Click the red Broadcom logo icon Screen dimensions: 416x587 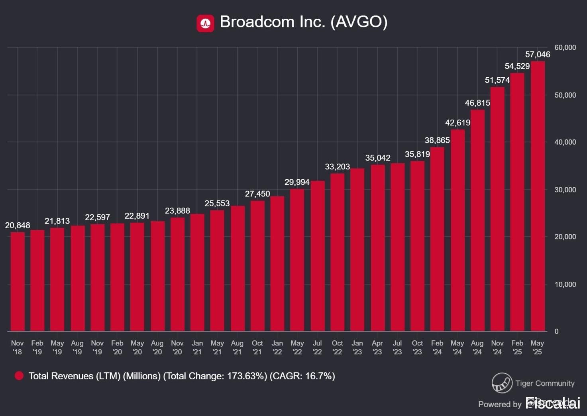pyautogui.click(x=205, y=23)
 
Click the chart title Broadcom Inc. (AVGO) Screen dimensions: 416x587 pyautogui.click(x=303, y=22)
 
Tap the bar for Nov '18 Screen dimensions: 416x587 pyautogui.click(x=18, y=281)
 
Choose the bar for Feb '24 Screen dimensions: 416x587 pyautogui.click(x=437, y=239)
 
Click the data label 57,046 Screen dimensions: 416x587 pyautogui.click(x=538, y=55)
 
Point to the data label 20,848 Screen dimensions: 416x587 pyautogui.click(x=18, y=226)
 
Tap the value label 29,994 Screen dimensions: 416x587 pyautogui.click(x=297, y=182)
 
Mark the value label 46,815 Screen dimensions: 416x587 pyautogui.click(x=477, y=103)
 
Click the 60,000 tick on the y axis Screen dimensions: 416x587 pyautogui.click(x=565, y=47)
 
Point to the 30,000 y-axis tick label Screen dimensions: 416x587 pyautogui.click(x=565, y=190)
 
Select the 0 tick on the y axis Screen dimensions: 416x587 pyautogui.click(x=557, y=331)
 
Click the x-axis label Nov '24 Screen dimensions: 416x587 pyautogui.click(x=497, y=347)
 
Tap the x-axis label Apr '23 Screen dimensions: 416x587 pyautogui.click(x=377, y=347)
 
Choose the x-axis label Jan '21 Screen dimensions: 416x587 pyautogui.click(x=197, y=347)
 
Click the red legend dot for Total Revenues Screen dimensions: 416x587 pyautogui.click(x=19, y=376)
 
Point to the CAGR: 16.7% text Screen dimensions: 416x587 pyautogui.click(x=302, y=376)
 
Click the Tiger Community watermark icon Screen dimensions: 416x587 pyautogui.click(x=502, y=383)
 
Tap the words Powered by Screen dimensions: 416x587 pyautogui.click(x=500, y=404)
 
